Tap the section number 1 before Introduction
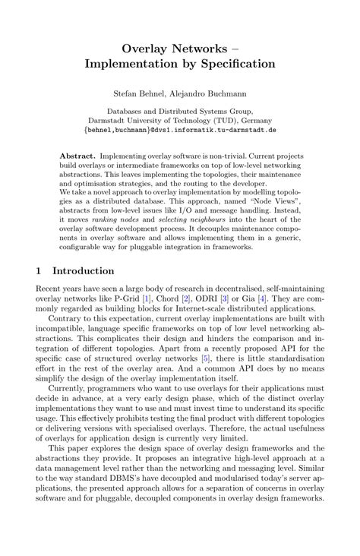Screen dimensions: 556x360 point(39,270)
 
